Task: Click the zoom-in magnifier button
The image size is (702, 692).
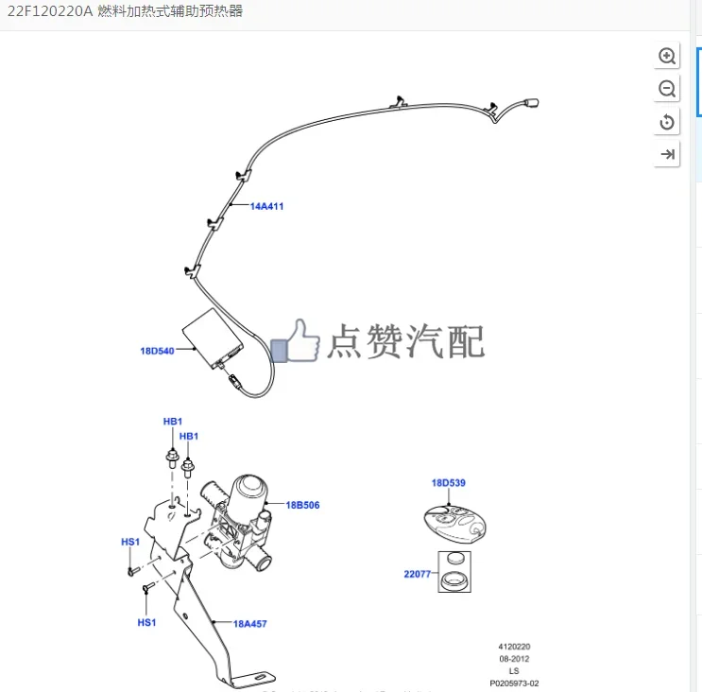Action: point(667,56)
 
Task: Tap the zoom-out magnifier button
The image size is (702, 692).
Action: point(667,89)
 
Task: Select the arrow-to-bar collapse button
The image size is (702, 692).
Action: point(667,154)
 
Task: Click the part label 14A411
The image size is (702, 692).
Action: point(266,206)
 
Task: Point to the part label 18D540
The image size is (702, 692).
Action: point(157,352)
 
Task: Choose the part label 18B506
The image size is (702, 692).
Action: point(302,505)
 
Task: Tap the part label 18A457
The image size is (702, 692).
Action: point(250,624)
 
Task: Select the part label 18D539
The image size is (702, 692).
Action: point(449,483)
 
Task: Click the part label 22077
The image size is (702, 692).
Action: point(417,574)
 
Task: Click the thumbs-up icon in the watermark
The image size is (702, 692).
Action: point(297,341)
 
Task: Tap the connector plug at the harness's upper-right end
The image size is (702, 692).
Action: point(531,104)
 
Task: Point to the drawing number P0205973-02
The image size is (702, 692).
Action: point(514,683)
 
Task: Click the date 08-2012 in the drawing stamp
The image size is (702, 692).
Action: point(514,659)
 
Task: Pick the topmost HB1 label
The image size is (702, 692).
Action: point(173,422)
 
